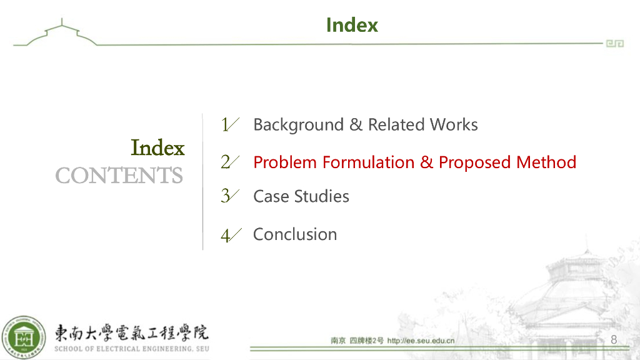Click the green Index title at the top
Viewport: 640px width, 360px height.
(352, 25)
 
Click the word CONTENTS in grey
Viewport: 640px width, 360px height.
(119, 176)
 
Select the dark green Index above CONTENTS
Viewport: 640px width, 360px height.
(157, 148)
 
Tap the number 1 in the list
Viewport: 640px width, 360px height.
(226, 124)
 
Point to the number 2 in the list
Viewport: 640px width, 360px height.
(226, 162)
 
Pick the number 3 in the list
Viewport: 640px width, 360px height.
(226, 196)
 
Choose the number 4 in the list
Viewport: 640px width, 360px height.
(226, 235)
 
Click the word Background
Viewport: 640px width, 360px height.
(298, 125)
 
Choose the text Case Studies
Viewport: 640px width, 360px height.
(301, 196)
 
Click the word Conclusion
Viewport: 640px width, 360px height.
(294, 234)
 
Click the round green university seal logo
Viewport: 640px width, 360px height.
(23, 338)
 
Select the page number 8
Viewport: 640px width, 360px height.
(613, 339)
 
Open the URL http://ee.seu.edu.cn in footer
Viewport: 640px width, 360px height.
(421, 341)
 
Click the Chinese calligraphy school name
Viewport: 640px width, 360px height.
(131, 332)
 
